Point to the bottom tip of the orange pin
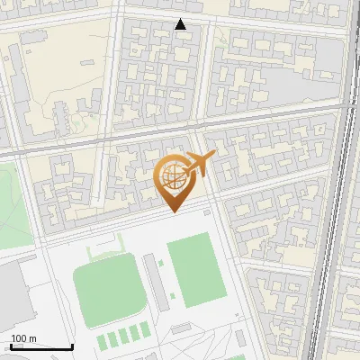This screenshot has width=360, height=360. [x=174, y=211]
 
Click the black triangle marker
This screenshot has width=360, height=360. [x=181, y=24]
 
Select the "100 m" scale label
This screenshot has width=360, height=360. [x=23, y=338]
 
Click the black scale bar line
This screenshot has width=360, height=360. [x=41, y=346]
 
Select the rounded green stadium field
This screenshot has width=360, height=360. [x=109, y=290]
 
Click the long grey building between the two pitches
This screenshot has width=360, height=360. [x=156, y=278]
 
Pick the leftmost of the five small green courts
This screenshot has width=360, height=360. [x=101, y=339]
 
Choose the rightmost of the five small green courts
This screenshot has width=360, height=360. [x=146, y=331]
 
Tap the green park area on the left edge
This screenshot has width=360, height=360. [x=13, y=202]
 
